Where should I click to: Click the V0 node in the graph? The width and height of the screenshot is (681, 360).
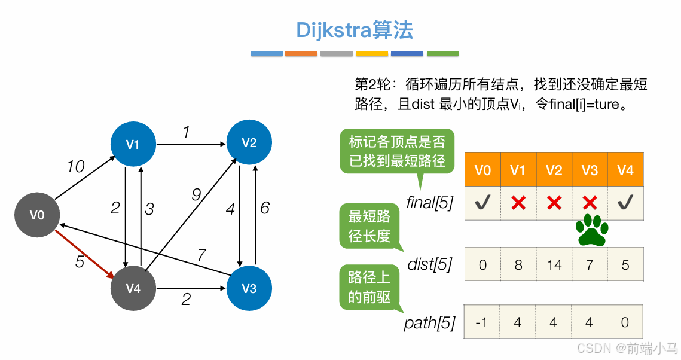(37, 215)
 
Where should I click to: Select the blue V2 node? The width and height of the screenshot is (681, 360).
(249, 142)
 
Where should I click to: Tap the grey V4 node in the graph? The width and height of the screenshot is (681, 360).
(133, 288)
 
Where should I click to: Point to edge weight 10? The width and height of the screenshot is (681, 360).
(75, 166)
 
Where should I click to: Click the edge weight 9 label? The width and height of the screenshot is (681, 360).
(196, 194)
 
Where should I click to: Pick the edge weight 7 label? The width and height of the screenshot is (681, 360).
(201, 255)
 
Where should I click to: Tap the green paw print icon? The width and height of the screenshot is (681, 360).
(592, 230)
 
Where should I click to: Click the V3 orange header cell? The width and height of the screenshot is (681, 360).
(590, 170)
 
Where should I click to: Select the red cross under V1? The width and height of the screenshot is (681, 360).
(518, 203)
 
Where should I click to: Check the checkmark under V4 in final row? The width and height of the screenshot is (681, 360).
(625, 203)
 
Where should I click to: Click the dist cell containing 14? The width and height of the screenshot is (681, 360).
(554, 264)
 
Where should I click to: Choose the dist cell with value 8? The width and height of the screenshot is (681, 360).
(518, 264)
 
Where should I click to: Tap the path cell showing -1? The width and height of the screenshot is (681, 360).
(482, 322)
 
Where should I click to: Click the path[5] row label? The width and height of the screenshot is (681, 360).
(429, 324)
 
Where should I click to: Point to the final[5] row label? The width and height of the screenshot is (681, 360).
(429, 203)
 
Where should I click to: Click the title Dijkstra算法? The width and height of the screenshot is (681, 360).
(355, 30)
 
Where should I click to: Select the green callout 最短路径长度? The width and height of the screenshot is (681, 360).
(369, 225)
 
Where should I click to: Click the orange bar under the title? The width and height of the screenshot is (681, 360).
(301, 54)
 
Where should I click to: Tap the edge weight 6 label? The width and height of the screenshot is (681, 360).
(264, 208)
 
